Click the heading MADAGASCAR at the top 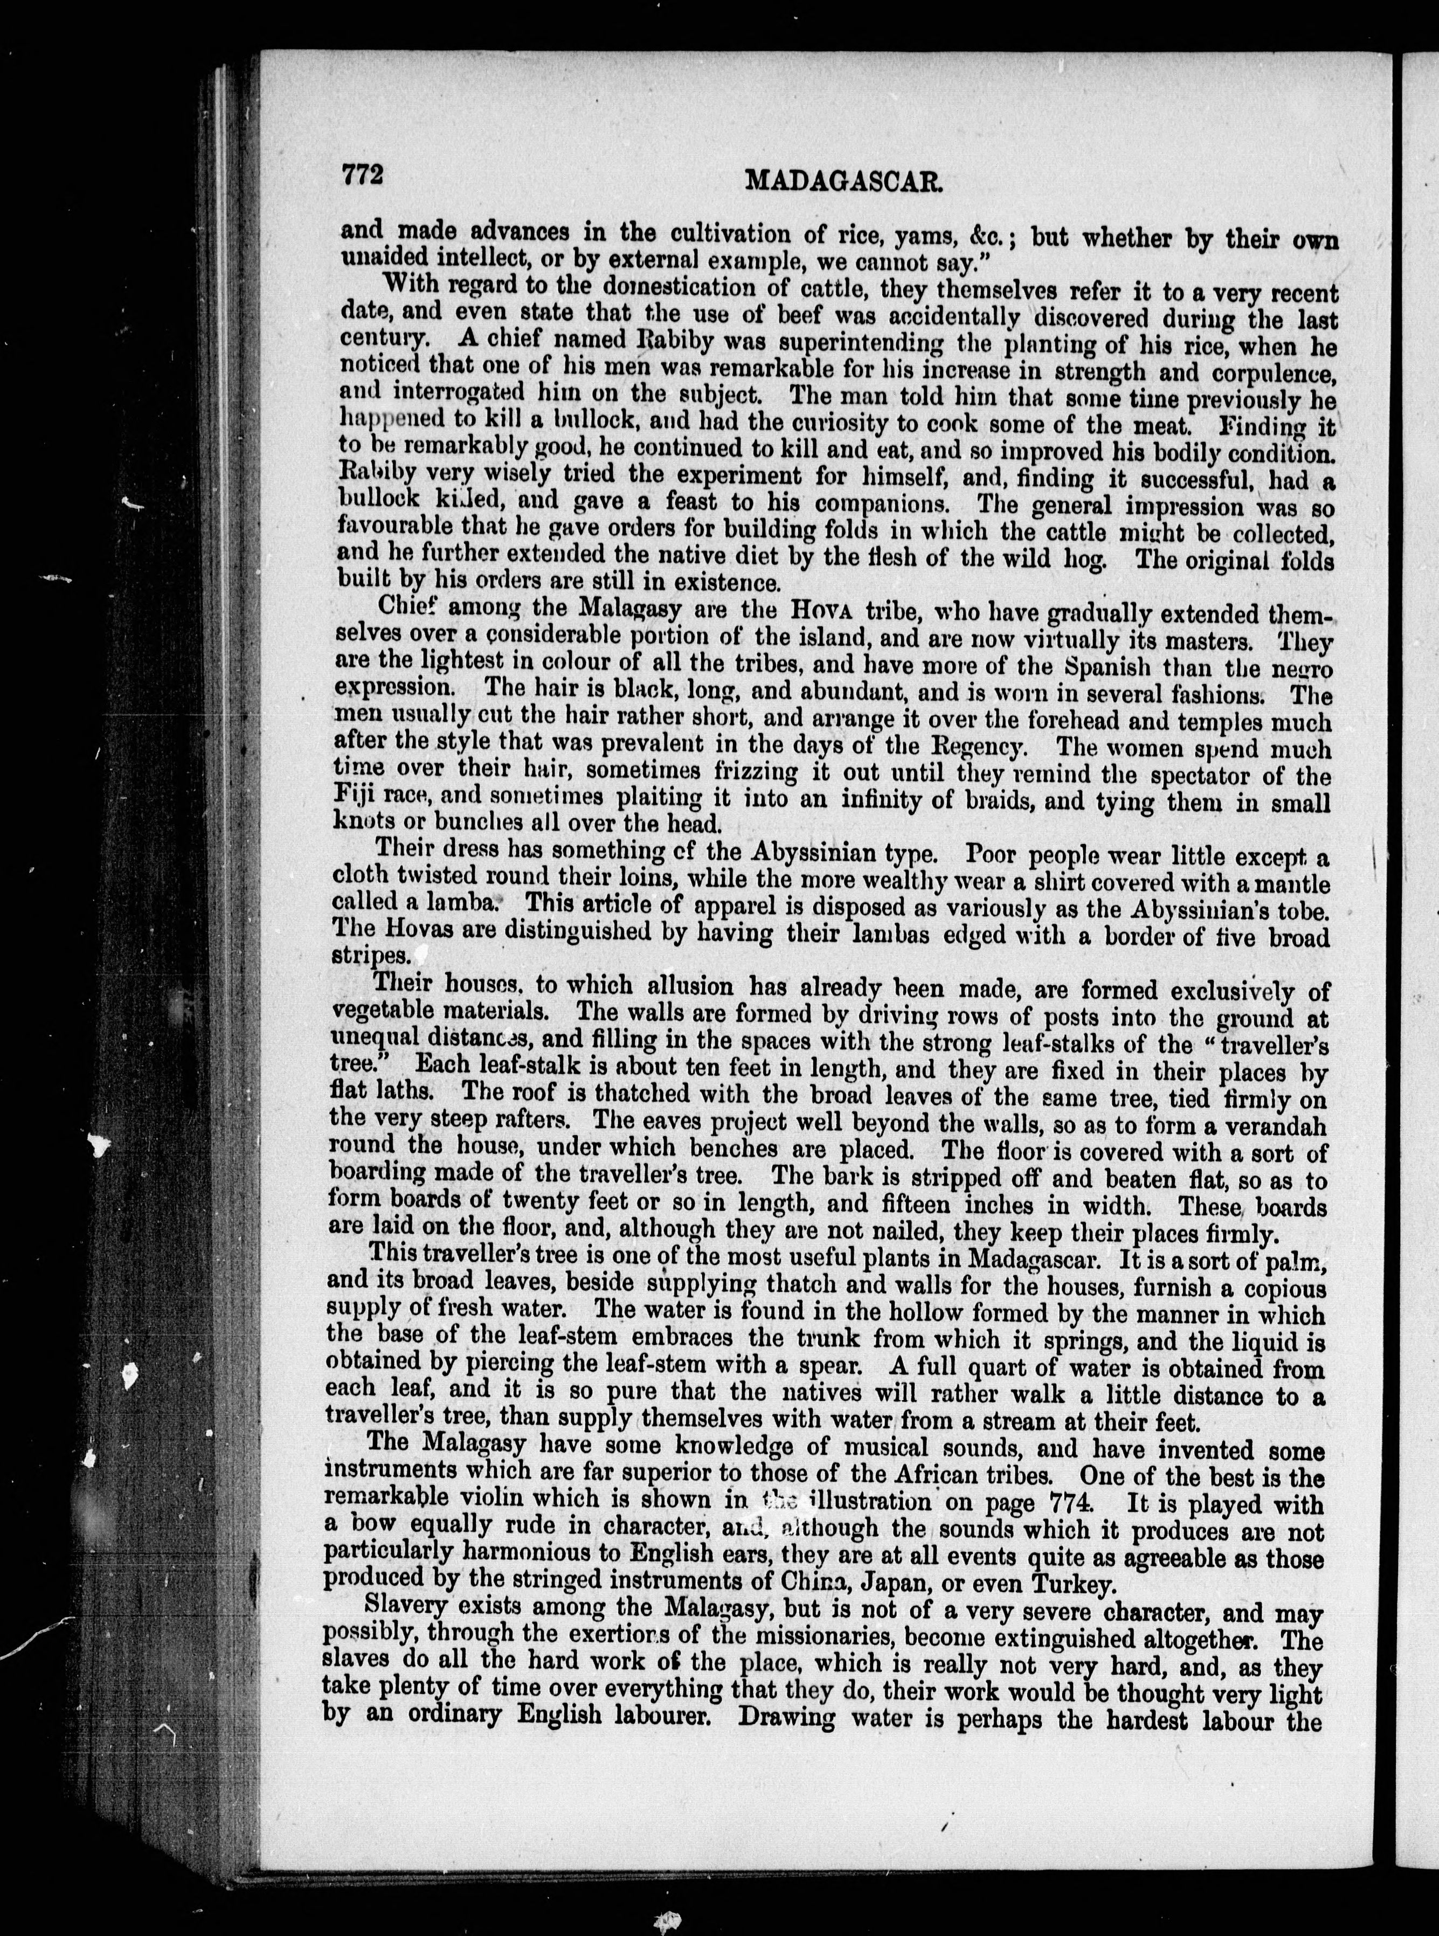click(x=845, y=180)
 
